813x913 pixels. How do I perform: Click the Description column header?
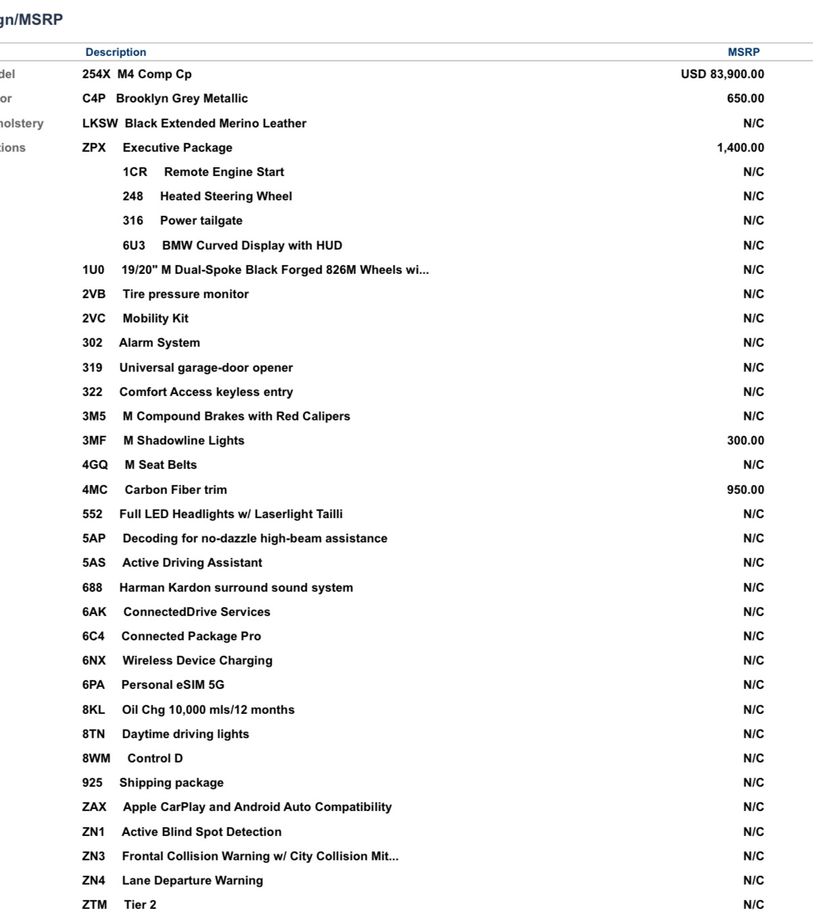click(115, 52)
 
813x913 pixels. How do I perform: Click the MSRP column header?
click(743, 52)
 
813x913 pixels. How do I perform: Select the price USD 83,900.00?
click(722, 74)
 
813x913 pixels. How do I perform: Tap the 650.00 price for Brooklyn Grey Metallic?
click(745, 99)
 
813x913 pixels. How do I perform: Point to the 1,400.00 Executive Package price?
click(740, 148)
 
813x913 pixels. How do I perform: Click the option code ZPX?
click(94, 148)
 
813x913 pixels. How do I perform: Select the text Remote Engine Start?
click(224, 172)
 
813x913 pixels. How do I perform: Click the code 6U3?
click(133, 246)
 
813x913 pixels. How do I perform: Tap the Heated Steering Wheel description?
click(226, 196)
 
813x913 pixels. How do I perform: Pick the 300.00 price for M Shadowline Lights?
click(745, 441)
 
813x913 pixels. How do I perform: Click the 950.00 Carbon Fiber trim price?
click(745, 490)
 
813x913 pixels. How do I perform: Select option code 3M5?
click(94, 416)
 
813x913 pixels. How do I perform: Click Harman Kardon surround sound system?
click(236, 588)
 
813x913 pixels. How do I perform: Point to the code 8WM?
click(96, 758)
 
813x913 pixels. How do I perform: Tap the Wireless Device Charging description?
click(198, 661)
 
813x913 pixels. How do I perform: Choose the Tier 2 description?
click(140, 905)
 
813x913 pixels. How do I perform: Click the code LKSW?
click(100, 123)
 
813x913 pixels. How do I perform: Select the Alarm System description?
click(160, 343)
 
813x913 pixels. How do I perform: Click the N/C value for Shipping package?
click(753, 783)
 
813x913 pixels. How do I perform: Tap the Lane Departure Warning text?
click(192, 881)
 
